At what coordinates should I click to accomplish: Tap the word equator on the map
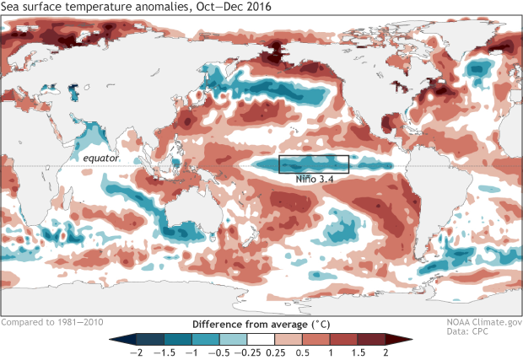click(x=100, y=158)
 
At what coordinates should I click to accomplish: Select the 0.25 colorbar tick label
click(x=277, y=352)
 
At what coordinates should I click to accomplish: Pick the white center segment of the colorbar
click(x=261, y=339)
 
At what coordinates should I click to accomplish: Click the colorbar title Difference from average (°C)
click(x=261, y=324)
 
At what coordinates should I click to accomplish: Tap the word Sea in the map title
click(x=12, y=8)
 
